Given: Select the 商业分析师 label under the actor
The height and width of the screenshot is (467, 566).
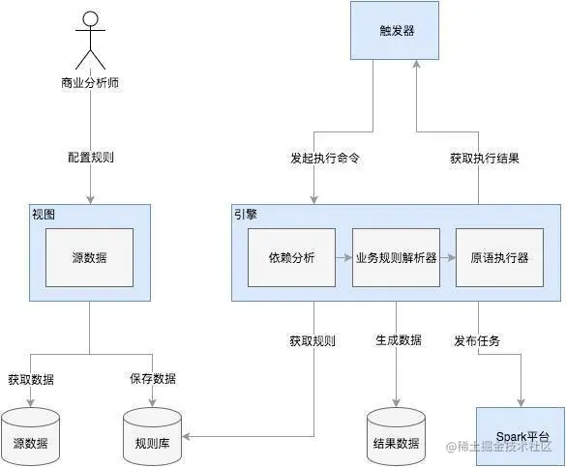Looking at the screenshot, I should pyautogui.click(x=91, y=84).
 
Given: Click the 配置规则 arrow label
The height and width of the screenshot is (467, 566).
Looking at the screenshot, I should pyautogui.click(x=91, y=156).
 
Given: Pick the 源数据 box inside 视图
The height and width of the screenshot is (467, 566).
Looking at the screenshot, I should pyautogui.click(x=89, y=258).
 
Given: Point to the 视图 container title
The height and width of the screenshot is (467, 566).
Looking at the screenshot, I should pyautogui.click(x=44, y=214).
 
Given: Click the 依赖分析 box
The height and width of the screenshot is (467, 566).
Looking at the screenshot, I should pyautogui.click(x=291, y=258).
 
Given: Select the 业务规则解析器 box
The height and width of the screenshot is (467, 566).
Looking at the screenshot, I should pyautogui.click(x=396, y=258).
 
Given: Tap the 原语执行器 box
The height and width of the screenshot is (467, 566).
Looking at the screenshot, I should pyautogui.click(x=498, y=258).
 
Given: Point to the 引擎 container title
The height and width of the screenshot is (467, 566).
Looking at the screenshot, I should pyautogui.click(x=245, y=214).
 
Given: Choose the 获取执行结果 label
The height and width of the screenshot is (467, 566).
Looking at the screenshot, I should pyautogui.click(x=484, y=157).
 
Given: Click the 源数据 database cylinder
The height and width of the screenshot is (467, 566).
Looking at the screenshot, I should pyautogui.click(x=30, y=437).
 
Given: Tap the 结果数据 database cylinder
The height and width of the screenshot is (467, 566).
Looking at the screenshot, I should pyautogui.click(x=395, y=437).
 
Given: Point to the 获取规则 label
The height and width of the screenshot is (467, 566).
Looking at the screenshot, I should pyautogui.click(x=313, y=340).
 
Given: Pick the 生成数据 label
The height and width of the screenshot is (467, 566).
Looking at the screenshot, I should pyautogui.click(x=398, y=340).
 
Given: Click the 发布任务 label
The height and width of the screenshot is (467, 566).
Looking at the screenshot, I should pyautogui.click(x=477, y=340).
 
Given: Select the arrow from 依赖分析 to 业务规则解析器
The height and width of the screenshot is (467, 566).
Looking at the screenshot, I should pyautogui.click(x=343, y=258).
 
